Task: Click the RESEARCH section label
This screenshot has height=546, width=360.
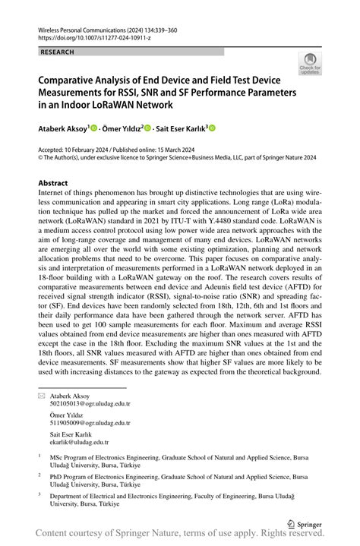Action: click(x=57, y=52)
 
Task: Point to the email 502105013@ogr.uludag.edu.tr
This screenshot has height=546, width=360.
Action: click(x=90, y=404)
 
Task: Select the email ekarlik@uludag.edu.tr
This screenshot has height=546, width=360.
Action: click(x=80, y=440)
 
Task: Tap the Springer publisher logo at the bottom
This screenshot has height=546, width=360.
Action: click(x=304, y=523)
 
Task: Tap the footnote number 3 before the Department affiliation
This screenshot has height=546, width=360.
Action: click(x=39, y=494)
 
